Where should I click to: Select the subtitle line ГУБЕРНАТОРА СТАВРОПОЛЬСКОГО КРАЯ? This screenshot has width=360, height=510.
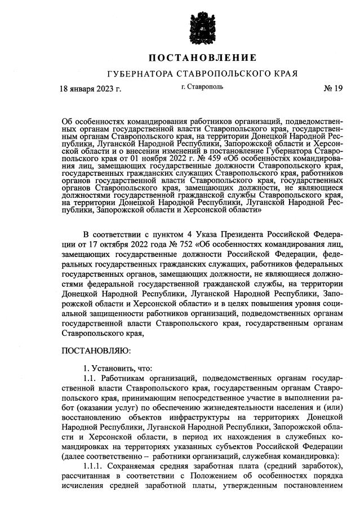coord(202,74)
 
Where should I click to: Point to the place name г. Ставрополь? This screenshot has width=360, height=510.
coord(202,87)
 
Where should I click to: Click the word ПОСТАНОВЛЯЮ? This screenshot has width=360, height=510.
coord(95,350)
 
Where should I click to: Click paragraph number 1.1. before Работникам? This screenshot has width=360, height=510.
coord(91,378)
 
